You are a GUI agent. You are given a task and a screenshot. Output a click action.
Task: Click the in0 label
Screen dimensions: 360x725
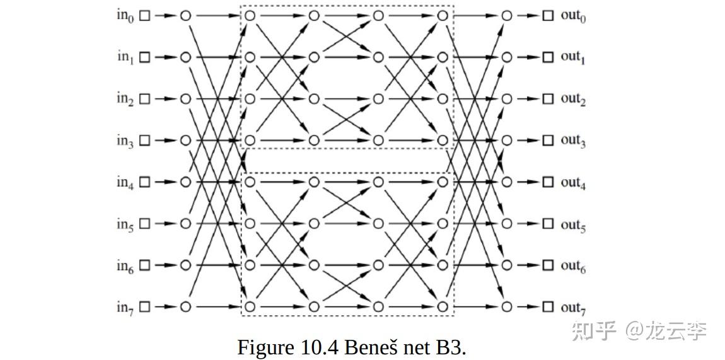pos(125,16)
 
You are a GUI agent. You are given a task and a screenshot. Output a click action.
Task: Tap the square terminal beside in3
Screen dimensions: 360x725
pos(145,141)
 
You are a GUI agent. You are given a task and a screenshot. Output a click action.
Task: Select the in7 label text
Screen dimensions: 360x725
pos(125,308)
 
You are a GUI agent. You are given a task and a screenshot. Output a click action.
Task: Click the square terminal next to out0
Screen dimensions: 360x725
pos(548,16)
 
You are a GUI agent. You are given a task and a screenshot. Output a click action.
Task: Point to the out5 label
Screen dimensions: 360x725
pos(573,224)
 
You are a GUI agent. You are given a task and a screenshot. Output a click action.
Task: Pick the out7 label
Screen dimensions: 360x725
pos(573,308)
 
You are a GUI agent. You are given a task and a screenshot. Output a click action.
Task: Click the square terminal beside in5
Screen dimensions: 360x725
pos(145,224)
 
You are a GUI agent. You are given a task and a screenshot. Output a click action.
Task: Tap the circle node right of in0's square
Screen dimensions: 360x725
pos(185,16)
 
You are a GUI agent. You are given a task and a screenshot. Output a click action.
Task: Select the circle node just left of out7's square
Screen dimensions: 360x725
pos(507,307)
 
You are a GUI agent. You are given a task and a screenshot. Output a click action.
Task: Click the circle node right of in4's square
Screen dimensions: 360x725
pos(185,182)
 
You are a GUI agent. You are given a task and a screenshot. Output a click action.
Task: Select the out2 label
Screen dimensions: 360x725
pos(573,100)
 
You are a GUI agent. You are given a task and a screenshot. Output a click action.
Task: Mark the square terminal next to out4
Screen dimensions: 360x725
pos(548,182)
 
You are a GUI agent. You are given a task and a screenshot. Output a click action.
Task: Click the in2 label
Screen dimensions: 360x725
pos(125,100)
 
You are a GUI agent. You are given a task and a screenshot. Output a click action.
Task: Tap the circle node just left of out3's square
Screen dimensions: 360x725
pos(507,141)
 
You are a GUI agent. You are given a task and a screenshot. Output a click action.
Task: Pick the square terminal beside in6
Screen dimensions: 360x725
pos(145,265)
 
